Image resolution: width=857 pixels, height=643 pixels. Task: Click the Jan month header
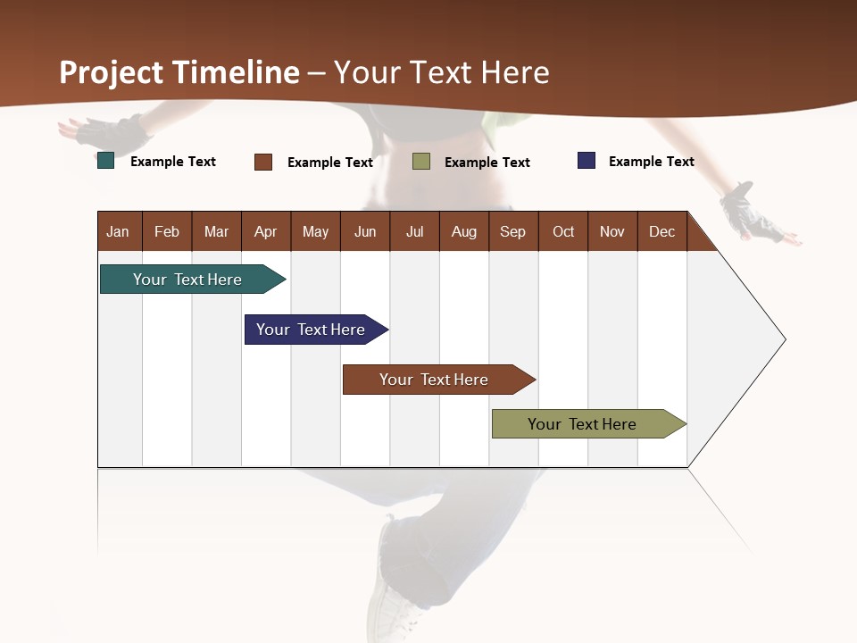(118, 231)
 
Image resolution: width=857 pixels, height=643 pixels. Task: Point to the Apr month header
(266, 231)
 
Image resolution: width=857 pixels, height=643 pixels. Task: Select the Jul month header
(414, 231)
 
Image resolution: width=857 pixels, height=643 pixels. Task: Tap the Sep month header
(512, 231)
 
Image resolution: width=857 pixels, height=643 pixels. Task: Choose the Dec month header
(661, 231)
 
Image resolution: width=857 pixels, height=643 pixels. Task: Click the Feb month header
(167, 231)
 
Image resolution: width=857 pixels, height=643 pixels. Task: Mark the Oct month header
(563, 231)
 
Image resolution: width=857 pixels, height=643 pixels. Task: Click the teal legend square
(106, 162)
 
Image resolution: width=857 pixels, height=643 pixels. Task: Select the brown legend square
(263, 162)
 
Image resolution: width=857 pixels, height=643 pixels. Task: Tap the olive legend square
(421, 162)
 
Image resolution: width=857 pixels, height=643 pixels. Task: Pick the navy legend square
(587, 161)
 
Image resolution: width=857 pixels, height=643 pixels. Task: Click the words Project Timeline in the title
(179, 72)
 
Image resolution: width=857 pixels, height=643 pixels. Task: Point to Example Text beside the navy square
(651, 162)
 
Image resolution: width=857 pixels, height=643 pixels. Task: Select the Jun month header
(365, 231)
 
